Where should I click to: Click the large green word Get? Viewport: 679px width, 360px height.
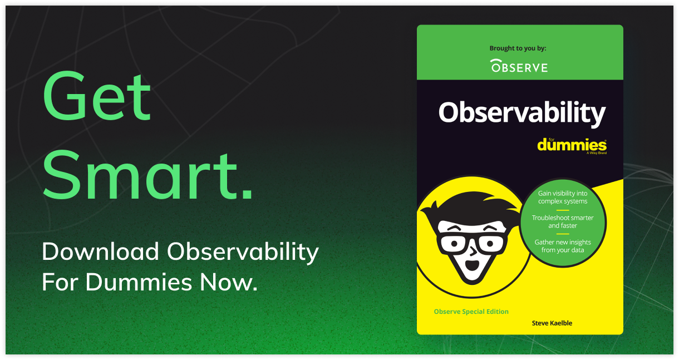point(97,96)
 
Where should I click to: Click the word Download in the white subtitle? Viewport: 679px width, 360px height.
point(100,251)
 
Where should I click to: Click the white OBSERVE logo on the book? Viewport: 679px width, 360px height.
point(519,66)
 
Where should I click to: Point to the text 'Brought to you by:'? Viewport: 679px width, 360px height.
point(518,48)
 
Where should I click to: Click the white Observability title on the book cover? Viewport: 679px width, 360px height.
point(522,114)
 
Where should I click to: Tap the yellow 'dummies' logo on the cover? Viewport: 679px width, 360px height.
point(572,145)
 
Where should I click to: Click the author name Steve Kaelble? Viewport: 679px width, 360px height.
point(552,323)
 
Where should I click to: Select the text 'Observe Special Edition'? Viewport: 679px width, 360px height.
point(471,312)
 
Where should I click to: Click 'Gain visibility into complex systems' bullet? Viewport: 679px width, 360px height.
point(563,198)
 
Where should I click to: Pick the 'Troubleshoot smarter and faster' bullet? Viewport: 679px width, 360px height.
point(563,221)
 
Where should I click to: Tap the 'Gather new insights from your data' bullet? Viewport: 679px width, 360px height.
point(563,246)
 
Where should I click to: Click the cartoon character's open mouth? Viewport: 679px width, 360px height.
point(471,265)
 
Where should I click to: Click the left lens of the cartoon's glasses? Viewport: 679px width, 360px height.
point(454,243)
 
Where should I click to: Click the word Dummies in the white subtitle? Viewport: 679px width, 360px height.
point(139,282)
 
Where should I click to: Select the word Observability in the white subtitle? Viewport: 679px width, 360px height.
point(243,252)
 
